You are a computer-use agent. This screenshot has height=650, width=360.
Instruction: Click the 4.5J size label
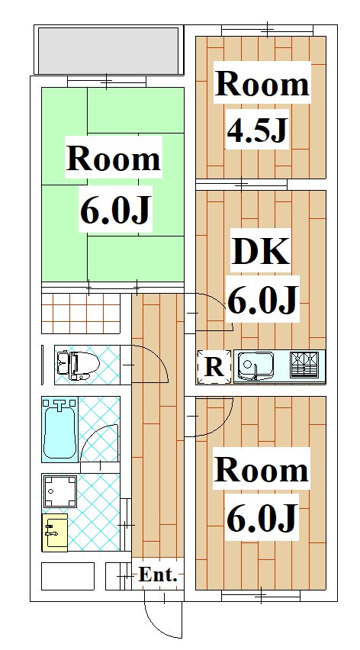pyautogui.click(x=257, y=130)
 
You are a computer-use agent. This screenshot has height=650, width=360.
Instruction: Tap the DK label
pyautogui.click(x=260, y=251)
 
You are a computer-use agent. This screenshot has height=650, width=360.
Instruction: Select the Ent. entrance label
pyautogui.click(x=157, y=574)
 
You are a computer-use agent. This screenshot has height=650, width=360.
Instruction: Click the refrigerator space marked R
pyautogui.click(x=214, y=367)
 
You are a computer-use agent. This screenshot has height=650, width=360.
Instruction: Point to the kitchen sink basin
pyautogui.click(x=256, y=365)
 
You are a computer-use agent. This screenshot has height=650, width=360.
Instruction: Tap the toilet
pyautogui.click(x=79, y=365)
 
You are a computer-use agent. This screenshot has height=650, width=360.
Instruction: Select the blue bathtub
pyautogui.click(x=59, y=429)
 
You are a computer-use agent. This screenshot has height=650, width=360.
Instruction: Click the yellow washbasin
pyautogui.click(x=55, y=533)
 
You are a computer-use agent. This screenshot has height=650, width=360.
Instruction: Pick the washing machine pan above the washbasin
pyautogui.click(x=60, y=491)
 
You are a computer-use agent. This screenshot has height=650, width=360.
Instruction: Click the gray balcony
pyautogui.click(x=108, y=50)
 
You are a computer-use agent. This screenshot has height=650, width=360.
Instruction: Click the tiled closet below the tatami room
pyautogui.click(x=81, y=313)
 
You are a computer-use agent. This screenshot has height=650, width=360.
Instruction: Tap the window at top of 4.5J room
pyautogui.click(x=267, y=31)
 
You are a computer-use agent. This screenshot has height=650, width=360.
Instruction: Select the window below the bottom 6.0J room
pyautogui.click(x=261, y=597)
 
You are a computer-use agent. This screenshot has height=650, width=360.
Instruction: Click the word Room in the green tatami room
pyautogui.click(x=113, y=159)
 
